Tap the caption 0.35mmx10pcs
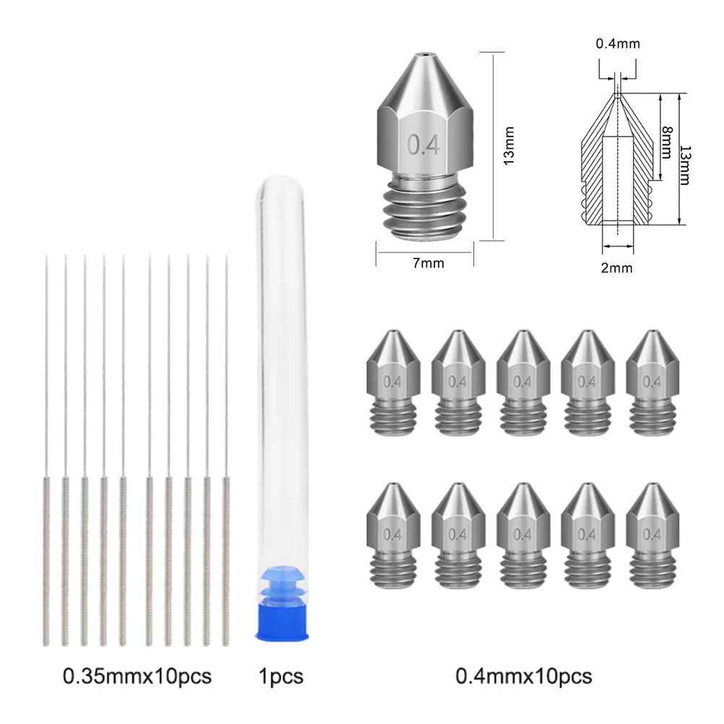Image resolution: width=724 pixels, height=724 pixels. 137,676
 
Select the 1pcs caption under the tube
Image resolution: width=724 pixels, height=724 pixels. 280,676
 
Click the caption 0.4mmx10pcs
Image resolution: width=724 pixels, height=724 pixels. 523,676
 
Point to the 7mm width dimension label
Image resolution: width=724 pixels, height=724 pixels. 428,263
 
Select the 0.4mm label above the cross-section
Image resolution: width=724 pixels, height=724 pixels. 618,45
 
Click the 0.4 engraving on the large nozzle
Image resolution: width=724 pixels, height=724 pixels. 424,145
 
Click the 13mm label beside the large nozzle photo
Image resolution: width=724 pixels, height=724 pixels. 509,145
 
